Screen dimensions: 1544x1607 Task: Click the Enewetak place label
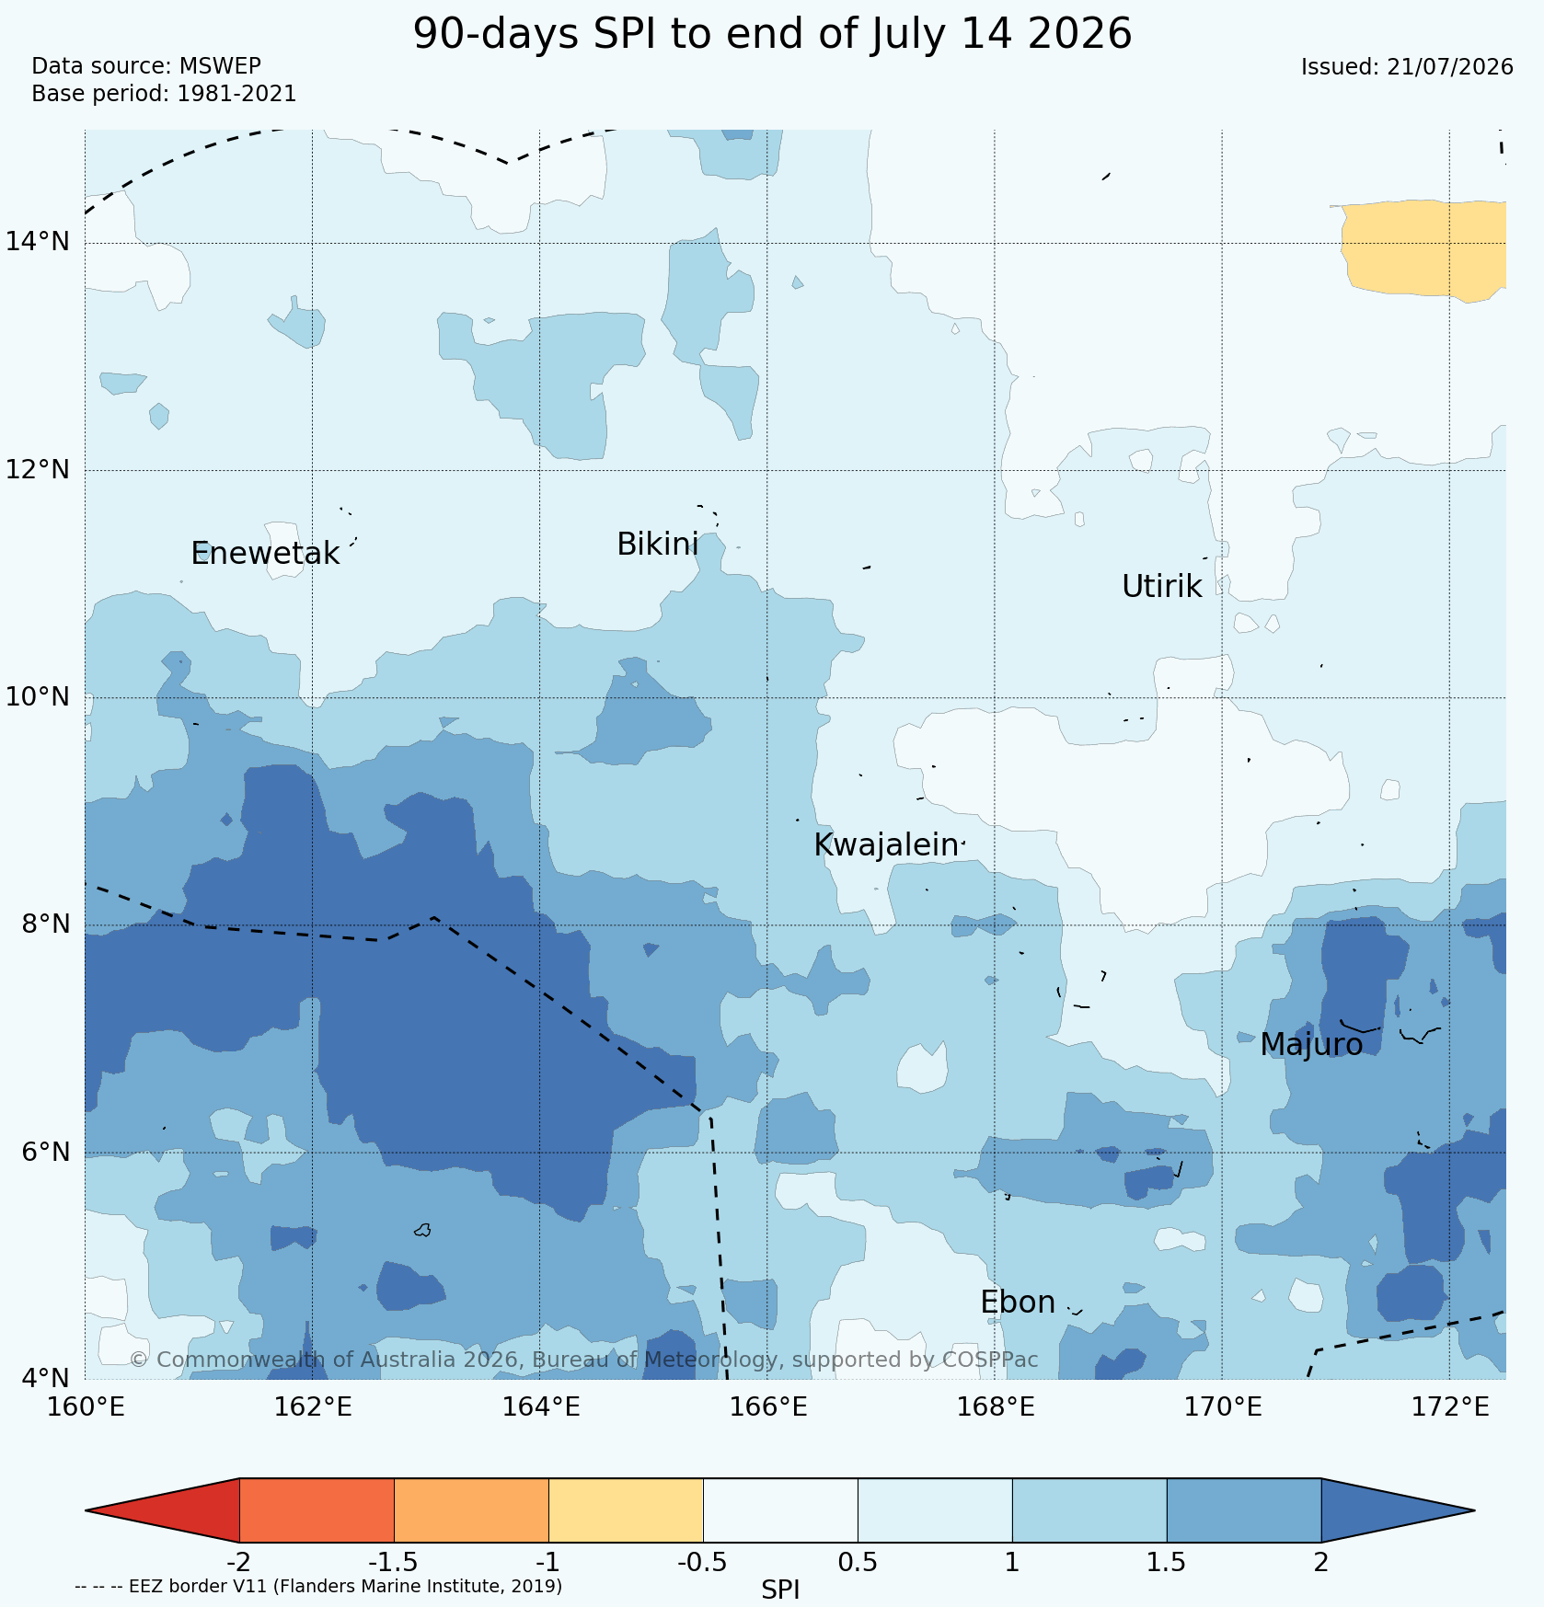(x=265, y=554)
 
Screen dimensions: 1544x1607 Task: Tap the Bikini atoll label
(x=657, y=545)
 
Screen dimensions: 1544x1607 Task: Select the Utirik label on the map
(x=1161, y=586)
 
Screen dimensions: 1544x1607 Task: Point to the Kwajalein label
(x=886, y=845)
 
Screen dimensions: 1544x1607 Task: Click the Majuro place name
(x=1311, y=1045)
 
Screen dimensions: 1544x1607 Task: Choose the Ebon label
(x=1018, y=1303)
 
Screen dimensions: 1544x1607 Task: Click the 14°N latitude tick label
(x=38, y=242)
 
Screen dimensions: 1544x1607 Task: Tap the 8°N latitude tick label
(x=43, y=924)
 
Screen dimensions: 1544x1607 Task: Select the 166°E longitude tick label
(x=768, y=1407)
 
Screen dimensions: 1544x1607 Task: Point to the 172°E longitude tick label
(x=1450, y=1407)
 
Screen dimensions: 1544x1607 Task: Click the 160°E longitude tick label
(x=86, y=1407)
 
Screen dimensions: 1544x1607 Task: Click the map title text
(x=772, y=35)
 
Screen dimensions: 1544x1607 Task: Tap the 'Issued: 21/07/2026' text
(x=1407, y=67)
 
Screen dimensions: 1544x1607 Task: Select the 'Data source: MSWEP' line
(x=146, y=66)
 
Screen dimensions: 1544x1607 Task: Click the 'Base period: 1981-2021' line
(x=164, y=94)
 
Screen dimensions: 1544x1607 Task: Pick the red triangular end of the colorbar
(x=162, y=1510)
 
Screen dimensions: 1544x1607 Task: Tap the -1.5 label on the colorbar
(x=393, y=1563)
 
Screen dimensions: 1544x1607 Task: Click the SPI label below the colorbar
(x=780, y=1590)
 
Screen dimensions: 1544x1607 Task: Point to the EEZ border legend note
(x=318, y=1587)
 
